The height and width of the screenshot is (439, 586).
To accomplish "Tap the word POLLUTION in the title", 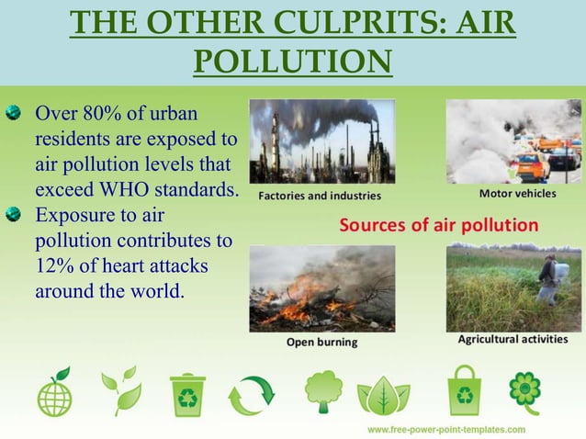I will click(293, 61).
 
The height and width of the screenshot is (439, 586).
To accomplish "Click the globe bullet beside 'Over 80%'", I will click(13, 116).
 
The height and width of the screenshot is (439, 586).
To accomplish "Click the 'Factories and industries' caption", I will click(319, 196).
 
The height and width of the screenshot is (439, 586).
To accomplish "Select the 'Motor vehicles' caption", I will click(516, 195).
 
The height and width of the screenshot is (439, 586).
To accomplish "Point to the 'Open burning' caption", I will click(321, 342).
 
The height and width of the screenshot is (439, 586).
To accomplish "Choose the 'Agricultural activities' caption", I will click(513, 339).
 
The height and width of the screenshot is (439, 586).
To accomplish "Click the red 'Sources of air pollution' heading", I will click(439, 224).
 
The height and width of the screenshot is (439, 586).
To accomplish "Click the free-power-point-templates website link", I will click(446, 429).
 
